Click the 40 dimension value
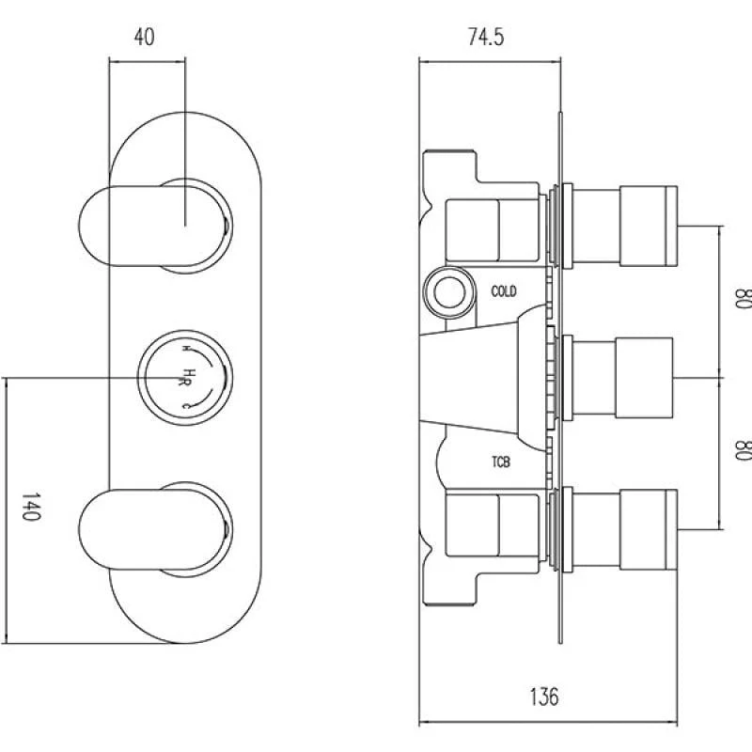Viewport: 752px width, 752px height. click(x=145, y=37)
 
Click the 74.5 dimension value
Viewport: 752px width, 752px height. click(x=486, y=37)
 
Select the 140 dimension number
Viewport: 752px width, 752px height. click(x=31, y=506)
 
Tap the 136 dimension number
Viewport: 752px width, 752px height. click(x=544, y=697)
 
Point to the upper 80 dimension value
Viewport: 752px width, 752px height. click(x=743, y=298)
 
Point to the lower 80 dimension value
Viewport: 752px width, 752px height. click(x=743, y=450)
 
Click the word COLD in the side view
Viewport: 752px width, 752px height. click(x=504, y=291)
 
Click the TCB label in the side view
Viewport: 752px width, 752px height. click(x=501, y=462)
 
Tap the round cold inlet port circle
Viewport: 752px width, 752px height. click(x=449, y=292)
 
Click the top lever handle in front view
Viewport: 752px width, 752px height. click(x=152, y=226)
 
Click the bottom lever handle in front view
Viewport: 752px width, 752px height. click(x=152, y=529)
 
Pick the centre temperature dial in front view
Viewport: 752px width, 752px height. click(x=185, y=378)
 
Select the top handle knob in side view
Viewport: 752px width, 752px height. click(x=649, y=226)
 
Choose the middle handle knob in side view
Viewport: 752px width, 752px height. click(x=644, y=378)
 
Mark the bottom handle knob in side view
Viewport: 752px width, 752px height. click(x=649, y=529)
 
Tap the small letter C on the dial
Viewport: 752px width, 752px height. click(x=186, y=406)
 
